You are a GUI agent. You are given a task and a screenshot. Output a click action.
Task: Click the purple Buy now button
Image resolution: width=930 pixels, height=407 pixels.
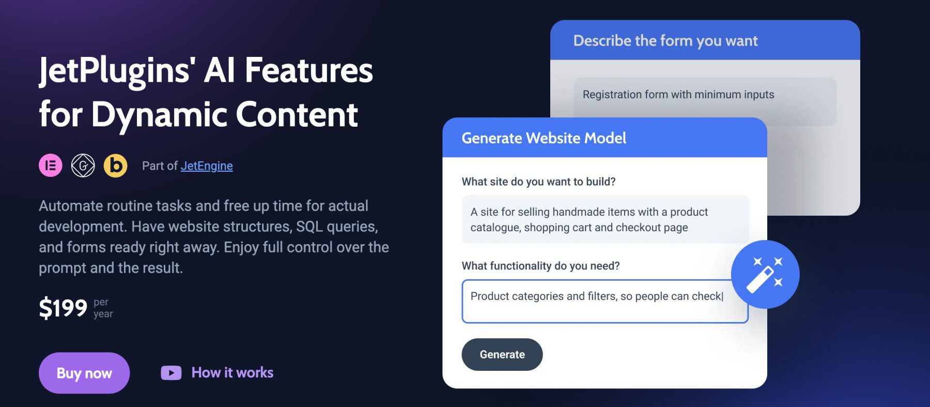coord(84,373)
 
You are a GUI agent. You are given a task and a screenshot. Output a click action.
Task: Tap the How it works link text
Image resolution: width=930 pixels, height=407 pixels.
coord(232,372)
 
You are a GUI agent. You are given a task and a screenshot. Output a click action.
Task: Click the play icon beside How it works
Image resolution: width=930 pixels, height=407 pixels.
coord(171,373)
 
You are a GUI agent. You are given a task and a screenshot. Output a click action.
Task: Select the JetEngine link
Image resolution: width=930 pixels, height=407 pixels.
coord(207,166)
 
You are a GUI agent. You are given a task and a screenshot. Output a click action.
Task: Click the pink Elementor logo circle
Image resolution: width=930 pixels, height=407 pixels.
coord(51,165)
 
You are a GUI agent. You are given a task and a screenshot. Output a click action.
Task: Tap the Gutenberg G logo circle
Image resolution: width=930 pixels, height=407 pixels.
coord(83,165)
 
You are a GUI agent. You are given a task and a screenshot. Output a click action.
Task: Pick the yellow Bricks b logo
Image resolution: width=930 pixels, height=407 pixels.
coord(116,165)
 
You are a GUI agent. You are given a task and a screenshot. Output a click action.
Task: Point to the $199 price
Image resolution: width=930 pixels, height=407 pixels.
coord(63,308)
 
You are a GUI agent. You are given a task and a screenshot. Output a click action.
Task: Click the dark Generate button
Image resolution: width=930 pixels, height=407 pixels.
coord(502,355)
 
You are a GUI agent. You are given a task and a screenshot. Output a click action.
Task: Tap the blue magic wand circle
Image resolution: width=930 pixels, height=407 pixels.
coord(765,275)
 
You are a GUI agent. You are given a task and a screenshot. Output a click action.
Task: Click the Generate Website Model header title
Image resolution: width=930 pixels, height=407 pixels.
coord(544,138)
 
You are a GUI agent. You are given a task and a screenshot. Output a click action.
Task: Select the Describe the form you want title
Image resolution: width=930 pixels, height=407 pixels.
coord(665,41)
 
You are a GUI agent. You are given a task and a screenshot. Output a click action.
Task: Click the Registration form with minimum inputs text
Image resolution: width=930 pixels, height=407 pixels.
coord(678,95)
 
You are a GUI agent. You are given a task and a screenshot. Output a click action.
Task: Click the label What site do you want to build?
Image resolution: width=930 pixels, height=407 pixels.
coord(538,182)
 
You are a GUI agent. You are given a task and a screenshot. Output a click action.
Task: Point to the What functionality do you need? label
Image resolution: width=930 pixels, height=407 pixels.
coord(540,266)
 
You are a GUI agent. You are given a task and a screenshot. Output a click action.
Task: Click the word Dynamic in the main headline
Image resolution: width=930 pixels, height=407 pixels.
coord(159,115)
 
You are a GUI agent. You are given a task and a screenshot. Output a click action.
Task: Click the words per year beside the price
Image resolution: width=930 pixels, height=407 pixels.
coord(103,308)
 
